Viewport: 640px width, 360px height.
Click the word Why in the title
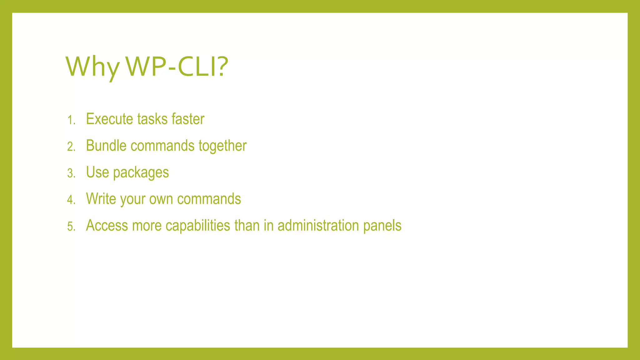pos(92,67)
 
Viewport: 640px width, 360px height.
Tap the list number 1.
pos(71,120)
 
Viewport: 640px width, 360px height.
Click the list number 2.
pos(71,147)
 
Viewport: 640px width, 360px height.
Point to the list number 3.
pos(71,173)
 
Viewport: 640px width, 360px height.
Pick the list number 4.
pos(71,200)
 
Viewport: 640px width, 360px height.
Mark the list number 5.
pos(71,226)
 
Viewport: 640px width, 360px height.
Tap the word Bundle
pos(106,146)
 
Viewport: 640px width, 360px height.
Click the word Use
pos(97,172)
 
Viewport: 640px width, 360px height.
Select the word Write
pos(101,199)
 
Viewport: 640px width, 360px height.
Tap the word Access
pos(107,225)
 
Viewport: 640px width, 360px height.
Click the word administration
pos(318,225)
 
